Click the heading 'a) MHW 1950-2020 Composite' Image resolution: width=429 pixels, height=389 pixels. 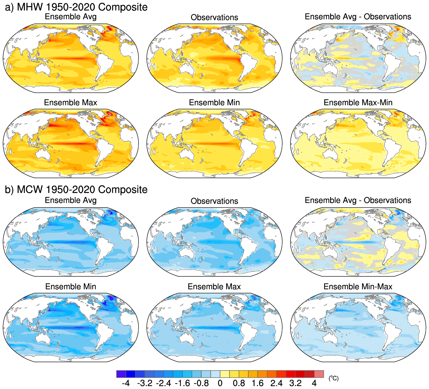[x=76, y=7]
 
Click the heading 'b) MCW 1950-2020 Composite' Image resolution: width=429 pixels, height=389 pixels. [x=76, y=190]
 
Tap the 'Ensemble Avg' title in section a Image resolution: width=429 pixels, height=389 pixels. [x=71, y=17]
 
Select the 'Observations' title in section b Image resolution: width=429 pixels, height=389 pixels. [x=214, y=201]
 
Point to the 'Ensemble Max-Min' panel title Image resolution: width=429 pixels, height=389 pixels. [x=358, y=103]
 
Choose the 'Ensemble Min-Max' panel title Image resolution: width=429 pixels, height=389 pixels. [x=358, y=286]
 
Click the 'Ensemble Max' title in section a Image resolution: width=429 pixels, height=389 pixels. [x=71, y=103]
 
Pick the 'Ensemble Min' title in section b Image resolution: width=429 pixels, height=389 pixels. [x=71, y=286]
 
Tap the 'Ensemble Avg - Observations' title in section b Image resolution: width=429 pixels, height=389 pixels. [x=358, y=200]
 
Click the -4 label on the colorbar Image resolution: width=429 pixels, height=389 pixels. [x=126, y=383]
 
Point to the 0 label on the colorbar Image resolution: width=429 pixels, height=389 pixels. [x=220, y=383]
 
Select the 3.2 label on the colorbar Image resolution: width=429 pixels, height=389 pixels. [x=295, y=383]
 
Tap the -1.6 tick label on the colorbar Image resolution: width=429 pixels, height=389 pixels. [x=182, y=383]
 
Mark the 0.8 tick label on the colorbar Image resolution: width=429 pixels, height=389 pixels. [x=239, y=383]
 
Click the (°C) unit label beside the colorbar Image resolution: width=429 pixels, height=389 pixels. [x=333, y=378]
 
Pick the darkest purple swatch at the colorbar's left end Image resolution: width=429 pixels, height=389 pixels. [x=121, y=374]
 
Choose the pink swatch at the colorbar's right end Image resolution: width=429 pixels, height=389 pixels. [x=319, y=374]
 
